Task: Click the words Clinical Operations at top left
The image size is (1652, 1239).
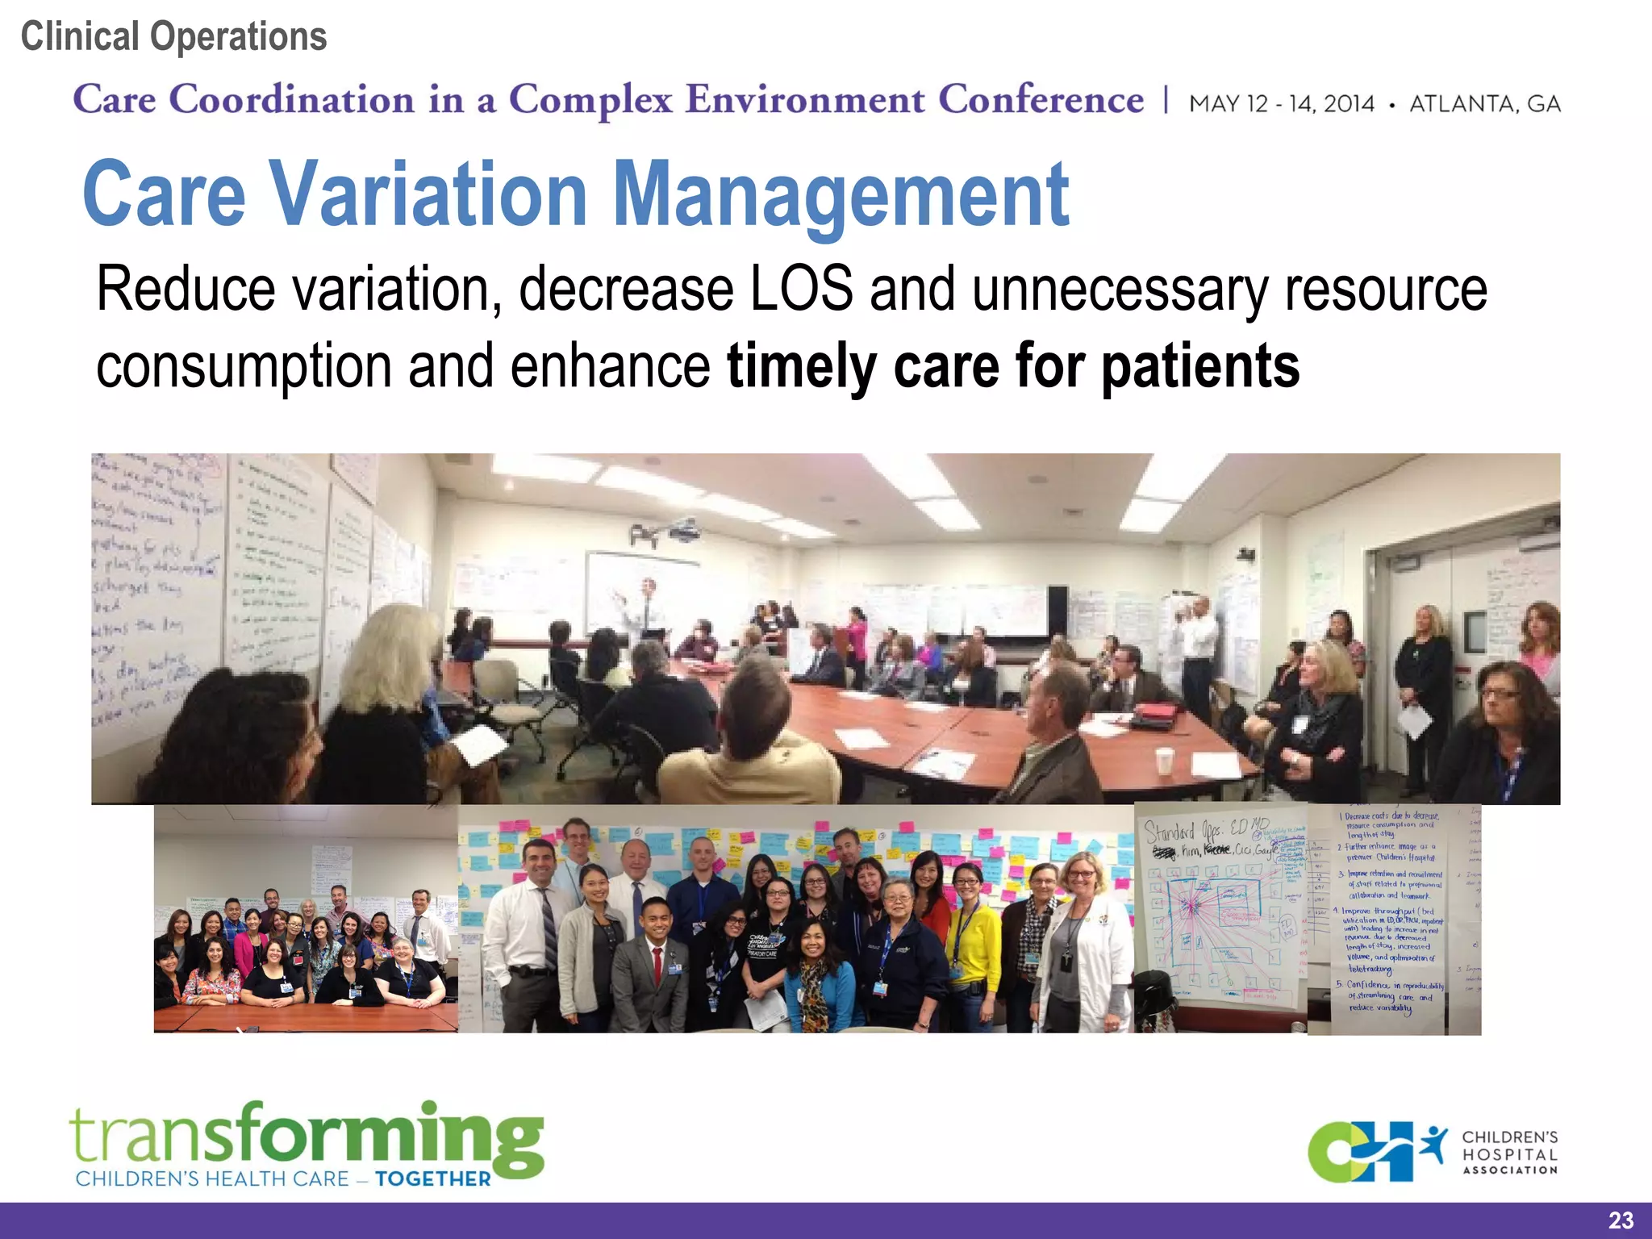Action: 173,37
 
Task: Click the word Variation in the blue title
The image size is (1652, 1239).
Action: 428,194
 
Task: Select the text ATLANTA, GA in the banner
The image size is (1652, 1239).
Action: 1484,104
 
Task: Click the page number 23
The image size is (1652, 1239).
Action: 1620,1220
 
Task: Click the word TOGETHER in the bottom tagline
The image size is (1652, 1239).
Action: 432,1179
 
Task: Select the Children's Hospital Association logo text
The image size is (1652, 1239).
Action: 1509,1152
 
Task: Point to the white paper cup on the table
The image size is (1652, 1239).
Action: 1163,760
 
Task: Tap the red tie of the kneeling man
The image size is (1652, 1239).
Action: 658,962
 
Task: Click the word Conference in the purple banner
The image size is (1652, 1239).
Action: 1041,100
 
